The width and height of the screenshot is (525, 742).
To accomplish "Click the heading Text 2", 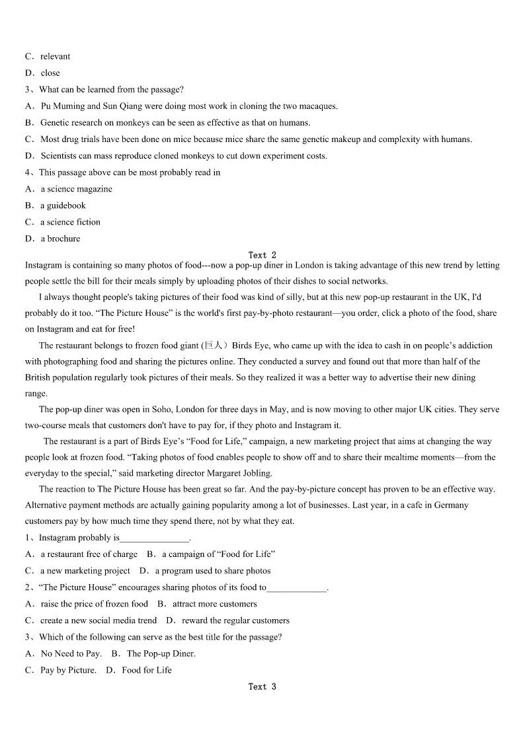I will [x=262, y=255].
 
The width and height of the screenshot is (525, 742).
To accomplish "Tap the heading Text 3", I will [x=262, y=686].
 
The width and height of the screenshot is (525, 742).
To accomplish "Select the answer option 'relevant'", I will [x=55, y=57].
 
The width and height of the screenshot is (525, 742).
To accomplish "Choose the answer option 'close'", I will [x=50, y=73].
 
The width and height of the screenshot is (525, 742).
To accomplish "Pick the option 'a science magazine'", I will [x=76, y=189].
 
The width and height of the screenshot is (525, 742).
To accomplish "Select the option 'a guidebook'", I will [x=63, y=205].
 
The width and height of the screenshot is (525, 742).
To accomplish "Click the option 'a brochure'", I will [x=60, y=239].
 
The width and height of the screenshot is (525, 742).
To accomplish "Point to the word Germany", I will [x=452, y=505].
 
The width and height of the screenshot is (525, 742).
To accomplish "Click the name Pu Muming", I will [x=63, y=106].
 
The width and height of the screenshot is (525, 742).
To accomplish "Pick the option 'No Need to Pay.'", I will [x=71, y=653].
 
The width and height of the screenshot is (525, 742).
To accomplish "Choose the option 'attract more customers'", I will [x=214, y=604].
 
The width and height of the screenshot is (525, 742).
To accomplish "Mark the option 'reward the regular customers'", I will [x=235, y=620].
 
